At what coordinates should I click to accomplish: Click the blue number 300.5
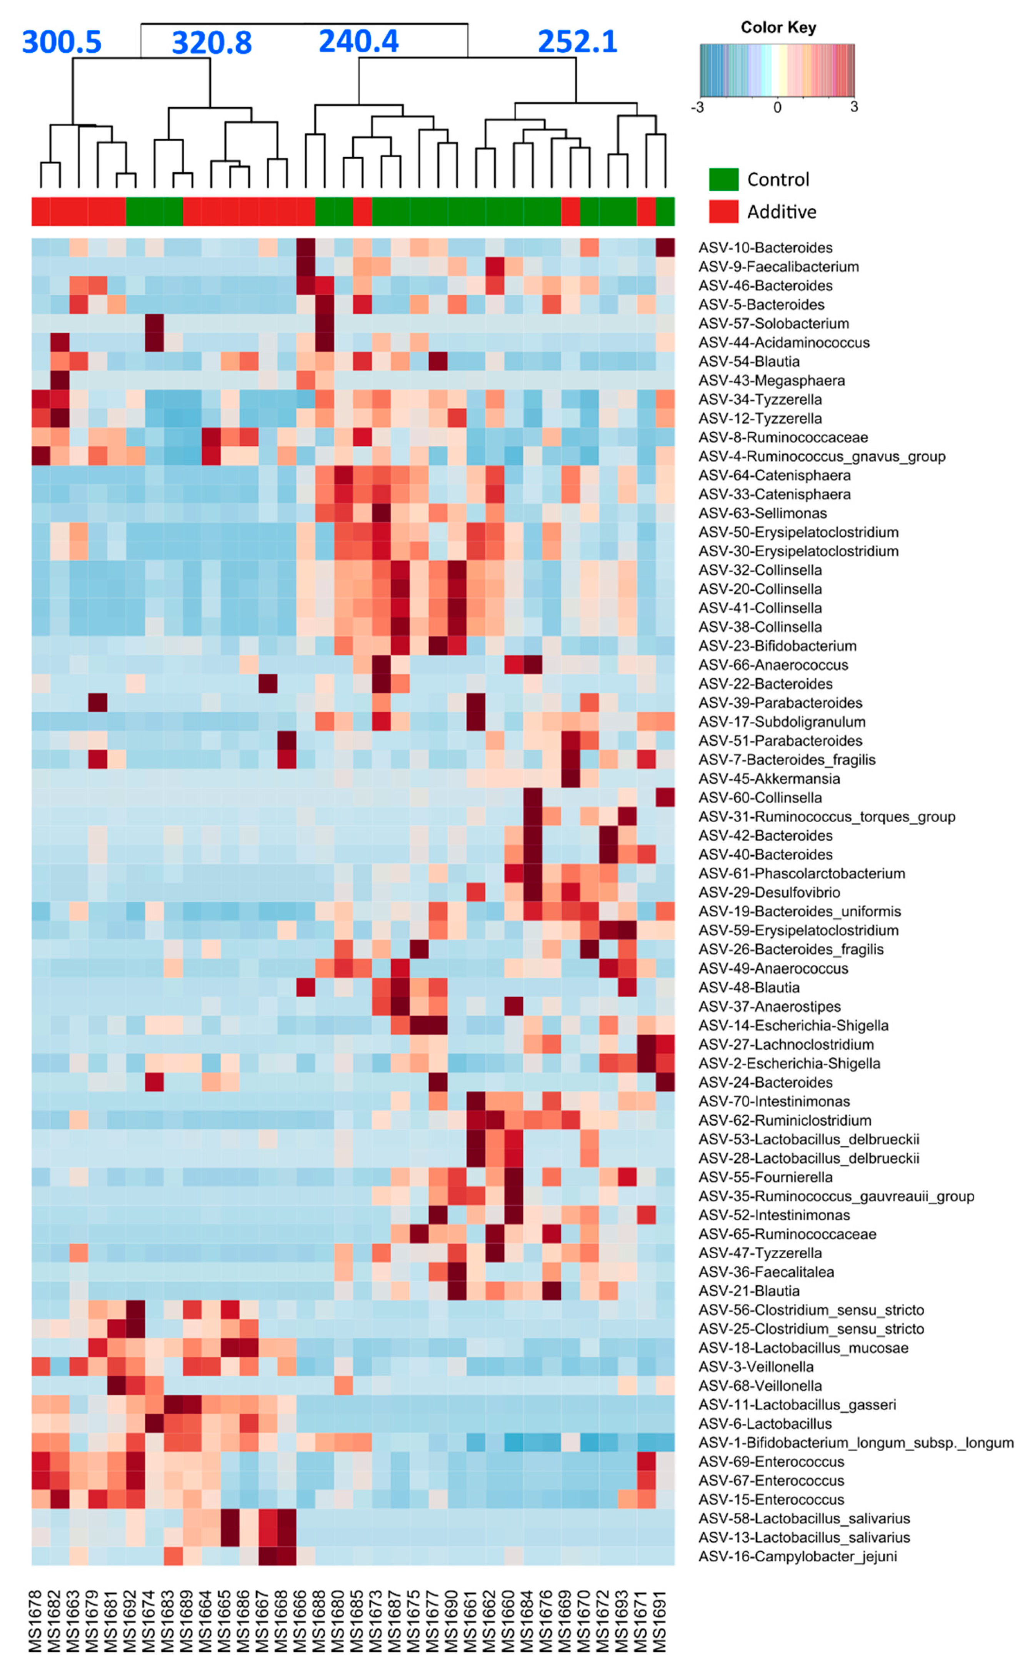[62, 42]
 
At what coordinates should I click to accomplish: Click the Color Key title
[778, 27]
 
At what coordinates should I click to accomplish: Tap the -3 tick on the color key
[698, 107]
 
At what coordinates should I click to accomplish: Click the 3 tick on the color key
[853, 107]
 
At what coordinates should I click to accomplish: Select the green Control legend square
[723, 179]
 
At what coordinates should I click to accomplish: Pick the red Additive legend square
[723, 212]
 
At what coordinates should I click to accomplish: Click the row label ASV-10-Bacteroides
[765, 248]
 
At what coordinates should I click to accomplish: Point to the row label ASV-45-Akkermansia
[769, 779]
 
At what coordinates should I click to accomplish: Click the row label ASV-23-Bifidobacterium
[777, 646]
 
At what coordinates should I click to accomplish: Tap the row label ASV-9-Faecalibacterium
[778, 267]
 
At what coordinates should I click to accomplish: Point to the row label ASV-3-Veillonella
[756, 1366]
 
